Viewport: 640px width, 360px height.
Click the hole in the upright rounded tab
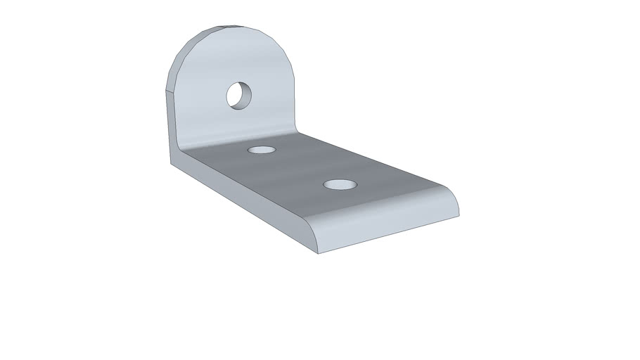[238, 94]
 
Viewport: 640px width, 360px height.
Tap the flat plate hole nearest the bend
[261, 150]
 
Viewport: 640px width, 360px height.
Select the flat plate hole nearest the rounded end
[340, 185]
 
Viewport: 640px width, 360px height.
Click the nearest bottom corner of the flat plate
[318, 252]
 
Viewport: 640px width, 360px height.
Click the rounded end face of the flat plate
[387, 225]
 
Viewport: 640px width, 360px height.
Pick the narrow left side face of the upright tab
[170, 127]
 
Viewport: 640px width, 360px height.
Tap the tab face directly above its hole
[239, 60]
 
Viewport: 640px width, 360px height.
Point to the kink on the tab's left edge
[166, 91]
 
